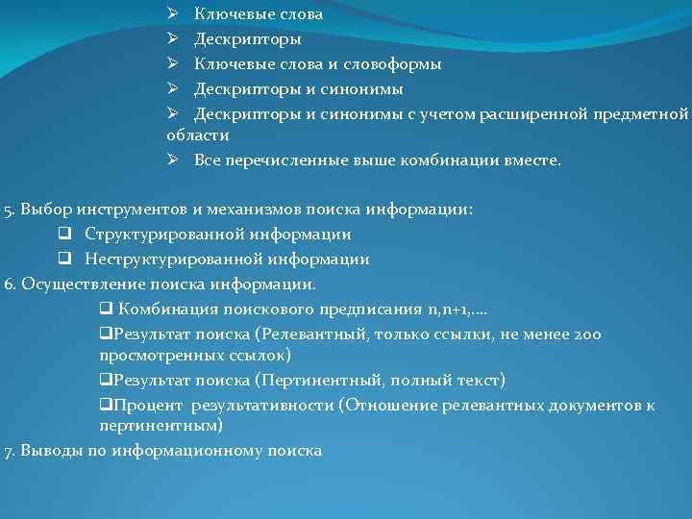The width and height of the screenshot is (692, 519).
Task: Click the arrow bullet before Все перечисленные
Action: coord(172,161)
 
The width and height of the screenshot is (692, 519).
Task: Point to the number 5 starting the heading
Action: coord(8,210)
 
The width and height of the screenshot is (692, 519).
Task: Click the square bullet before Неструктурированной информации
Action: coord(64,259)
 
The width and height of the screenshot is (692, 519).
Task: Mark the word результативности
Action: coord(259,405)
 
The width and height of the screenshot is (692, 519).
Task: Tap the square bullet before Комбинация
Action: coord(107,309)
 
